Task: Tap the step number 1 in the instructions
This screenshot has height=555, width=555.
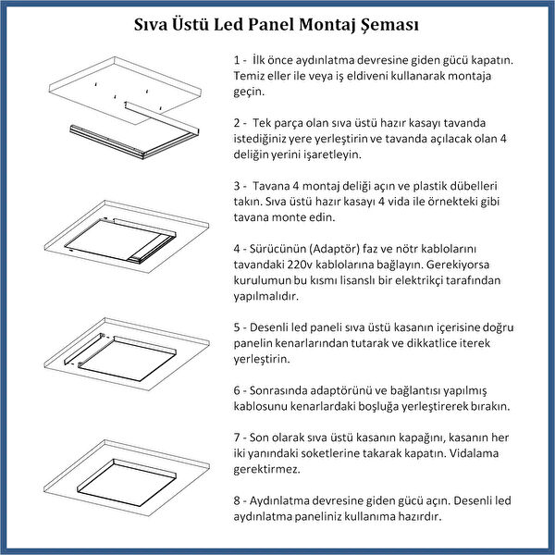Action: [x=238, y=59]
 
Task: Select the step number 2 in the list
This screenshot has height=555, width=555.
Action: [x=238, y=122]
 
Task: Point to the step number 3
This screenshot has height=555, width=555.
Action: [x=238, y=185]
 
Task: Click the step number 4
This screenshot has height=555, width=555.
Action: [x=238, y=249]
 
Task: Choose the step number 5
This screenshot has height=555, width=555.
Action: [x=238, y=327]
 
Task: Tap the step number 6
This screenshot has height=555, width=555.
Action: [x=238, y=390]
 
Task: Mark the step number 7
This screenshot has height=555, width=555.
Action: [x=238, y=437]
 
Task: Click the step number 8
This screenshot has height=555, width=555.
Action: [x=238, y=500]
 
